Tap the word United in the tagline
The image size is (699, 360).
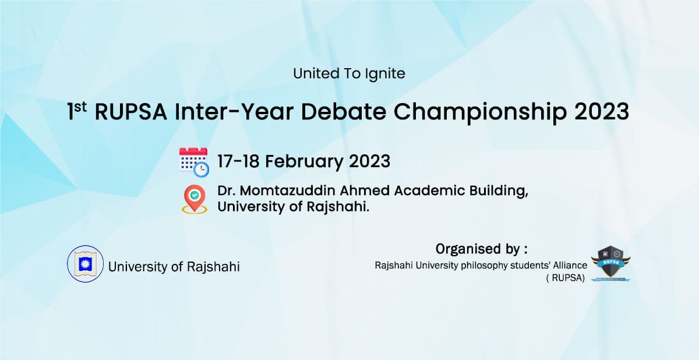pos(316,73)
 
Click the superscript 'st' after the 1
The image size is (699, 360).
pos(80,107)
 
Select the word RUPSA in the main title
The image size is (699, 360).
pos(130,112)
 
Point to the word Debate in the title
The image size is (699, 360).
pos(343,112)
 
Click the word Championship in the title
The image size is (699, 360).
pos(480,113)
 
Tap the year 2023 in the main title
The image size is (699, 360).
pos(601,112)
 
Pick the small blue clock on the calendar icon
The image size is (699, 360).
pos(202,170)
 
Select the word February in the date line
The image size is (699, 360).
pos(304,162)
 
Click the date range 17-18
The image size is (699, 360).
pos(238,161)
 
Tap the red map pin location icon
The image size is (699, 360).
pos(195,199)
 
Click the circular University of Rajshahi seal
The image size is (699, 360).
pos(85,264)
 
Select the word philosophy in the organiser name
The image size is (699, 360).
pos(505,266)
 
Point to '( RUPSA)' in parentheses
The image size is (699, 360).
pos(566,278)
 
